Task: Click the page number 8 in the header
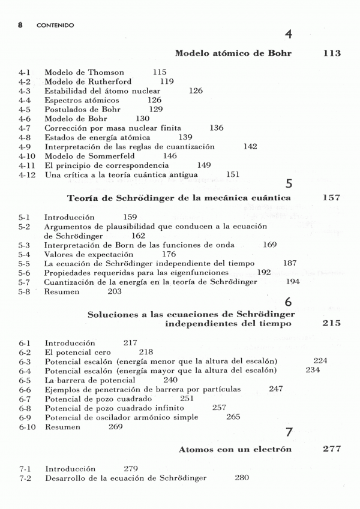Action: point(20,26)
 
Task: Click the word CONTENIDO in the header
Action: point(55,26)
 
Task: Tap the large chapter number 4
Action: point(289,35)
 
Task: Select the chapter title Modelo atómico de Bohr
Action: point(233,53)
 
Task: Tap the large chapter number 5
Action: point(289,184)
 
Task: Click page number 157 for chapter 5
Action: point(331,197)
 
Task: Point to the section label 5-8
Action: point(25,291)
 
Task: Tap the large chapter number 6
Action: point(289,301)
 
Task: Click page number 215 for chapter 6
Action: point(331,324)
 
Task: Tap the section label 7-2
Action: point(25,478)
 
